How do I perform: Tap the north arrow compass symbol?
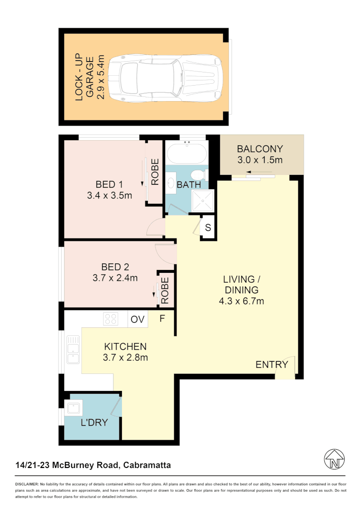point(335,459)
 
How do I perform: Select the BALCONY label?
point(260,149)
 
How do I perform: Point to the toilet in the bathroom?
point(200,175)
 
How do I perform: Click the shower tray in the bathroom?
point(203,200)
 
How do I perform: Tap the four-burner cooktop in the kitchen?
point(111,319)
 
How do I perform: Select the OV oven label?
point(137,319)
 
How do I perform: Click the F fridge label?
point(162,318)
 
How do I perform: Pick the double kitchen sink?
point(73,349)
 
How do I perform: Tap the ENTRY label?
point(272,365)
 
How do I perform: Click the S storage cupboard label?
point(208,229)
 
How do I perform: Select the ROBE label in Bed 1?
point(154,172)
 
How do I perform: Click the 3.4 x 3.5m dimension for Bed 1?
point(109,195)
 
